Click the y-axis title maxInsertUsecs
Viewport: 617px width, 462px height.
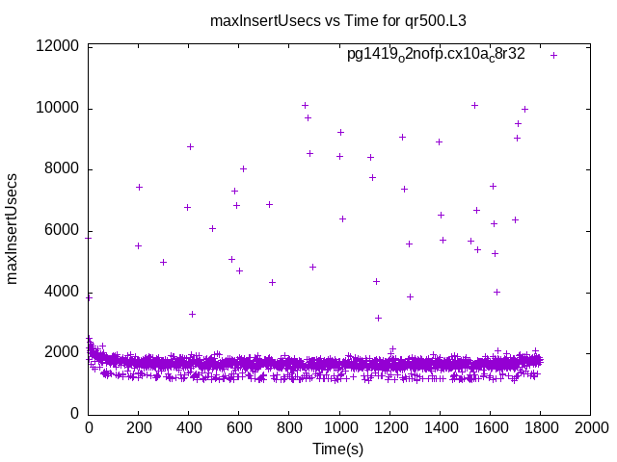tap(13, 229)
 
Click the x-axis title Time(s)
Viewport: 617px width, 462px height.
tap(338, 449)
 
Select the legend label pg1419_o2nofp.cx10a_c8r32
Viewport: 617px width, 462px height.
tap(436, 55)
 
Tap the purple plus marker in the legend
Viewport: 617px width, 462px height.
tap(553, 55)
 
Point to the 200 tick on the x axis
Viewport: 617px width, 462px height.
tap(139, 427)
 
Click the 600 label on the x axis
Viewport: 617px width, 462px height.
tap(239, 427)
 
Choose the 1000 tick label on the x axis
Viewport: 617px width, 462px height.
tap(339, 427)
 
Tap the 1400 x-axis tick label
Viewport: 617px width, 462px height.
tap(440, 427)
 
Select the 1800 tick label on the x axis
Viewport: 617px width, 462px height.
tap(540, 427)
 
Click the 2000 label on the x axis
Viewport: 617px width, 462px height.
tap(590, 427)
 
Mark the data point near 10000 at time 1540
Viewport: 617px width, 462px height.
tap(474, 105)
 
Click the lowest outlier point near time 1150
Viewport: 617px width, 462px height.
tap(378, 318)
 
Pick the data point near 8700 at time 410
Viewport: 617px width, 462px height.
tap(191, 146)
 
